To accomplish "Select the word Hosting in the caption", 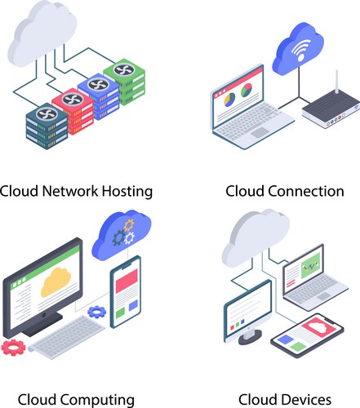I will click(x=124, y=192).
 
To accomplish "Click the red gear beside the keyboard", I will click(x=13, y=347).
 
